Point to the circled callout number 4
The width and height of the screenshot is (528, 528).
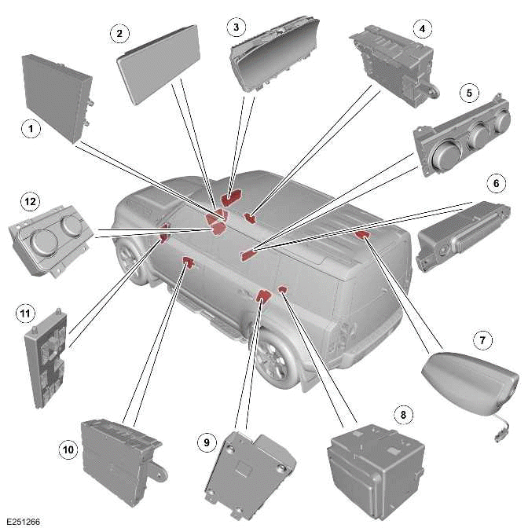pos(423,29)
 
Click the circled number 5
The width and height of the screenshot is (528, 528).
pos(469,93)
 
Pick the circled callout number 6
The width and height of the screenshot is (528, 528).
pos(495,183)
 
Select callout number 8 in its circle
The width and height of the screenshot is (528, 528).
pos(404,413)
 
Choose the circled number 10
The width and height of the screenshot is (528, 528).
pos(69,449)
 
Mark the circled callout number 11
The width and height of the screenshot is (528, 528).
pos(25,314)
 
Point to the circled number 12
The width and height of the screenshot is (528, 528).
pos(30,202)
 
